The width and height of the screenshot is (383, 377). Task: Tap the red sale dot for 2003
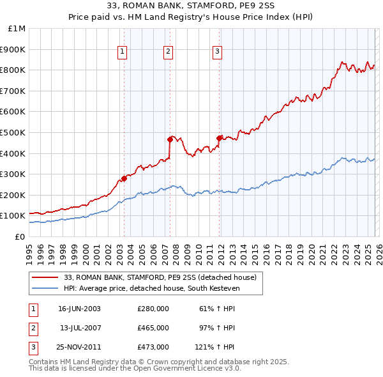click(124, 178)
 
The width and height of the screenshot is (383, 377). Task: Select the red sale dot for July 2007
click(170, 139)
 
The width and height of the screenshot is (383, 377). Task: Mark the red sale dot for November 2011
click(220, 137)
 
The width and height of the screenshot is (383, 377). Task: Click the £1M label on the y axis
click(17, 28)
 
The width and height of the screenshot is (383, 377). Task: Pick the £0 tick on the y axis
click(20, 236)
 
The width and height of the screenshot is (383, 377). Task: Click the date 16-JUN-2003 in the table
click(79, 309)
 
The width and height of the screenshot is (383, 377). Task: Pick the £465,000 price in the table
click(153, 328)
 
